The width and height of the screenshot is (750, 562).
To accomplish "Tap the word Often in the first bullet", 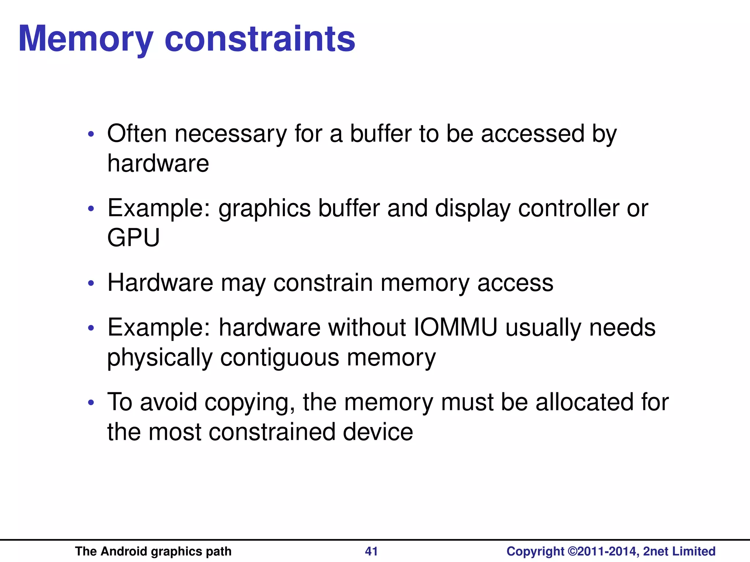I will (x=137, y=134).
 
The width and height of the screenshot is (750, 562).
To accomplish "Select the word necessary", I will (x=231, y=134).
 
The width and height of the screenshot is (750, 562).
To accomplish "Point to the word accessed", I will (x=532, y=134).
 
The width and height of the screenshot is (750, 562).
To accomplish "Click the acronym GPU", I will (x=133, y=238).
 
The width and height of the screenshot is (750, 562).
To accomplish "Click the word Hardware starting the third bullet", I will (x=160, y=283).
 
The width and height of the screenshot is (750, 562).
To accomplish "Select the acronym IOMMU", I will (x=456, y=327).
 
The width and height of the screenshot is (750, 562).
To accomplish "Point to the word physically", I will (x=160, y=358).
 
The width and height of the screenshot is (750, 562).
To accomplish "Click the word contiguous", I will (x=280, y=358).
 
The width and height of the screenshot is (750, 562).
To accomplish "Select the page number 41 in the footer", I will (x=371, y=551).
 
